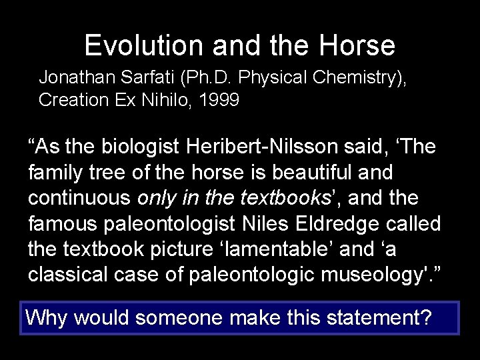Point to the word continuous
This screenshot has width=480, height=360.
coord(79,198)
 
